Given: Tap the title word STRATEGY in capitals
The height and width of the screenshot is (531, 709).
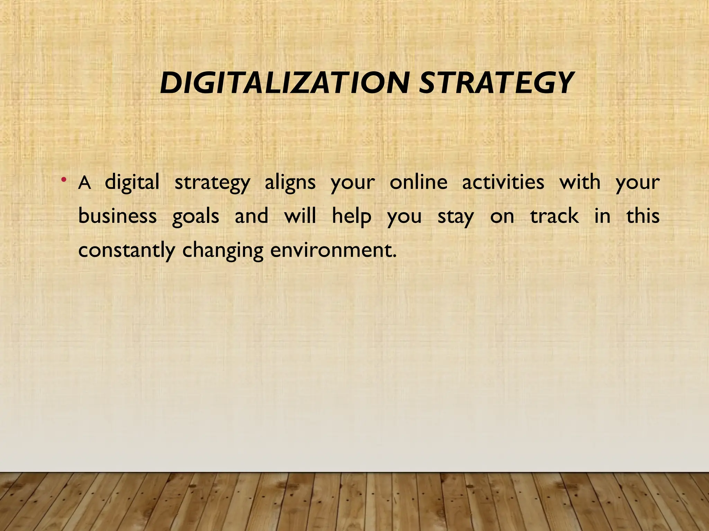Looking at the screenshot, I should [495, 83].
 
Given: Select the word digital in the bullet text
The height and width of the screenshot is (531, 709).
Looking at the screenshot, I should [132, 183].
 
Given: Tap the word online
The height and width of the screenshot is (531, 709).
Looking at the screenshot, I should [419, 182].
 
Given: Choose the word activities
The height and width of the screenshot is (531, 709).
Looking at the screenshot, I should [503, 182].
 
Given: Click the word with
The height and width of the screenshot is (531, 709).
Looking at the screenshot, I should [580, 182].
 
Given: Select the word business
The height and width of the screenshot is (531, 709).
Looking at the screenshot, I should [118, 216].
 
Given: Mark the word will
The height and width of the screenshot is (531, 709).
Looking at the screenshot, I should [300, 216].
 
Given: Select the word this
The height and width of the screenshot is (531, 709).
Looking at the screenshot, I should [643, 216].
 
